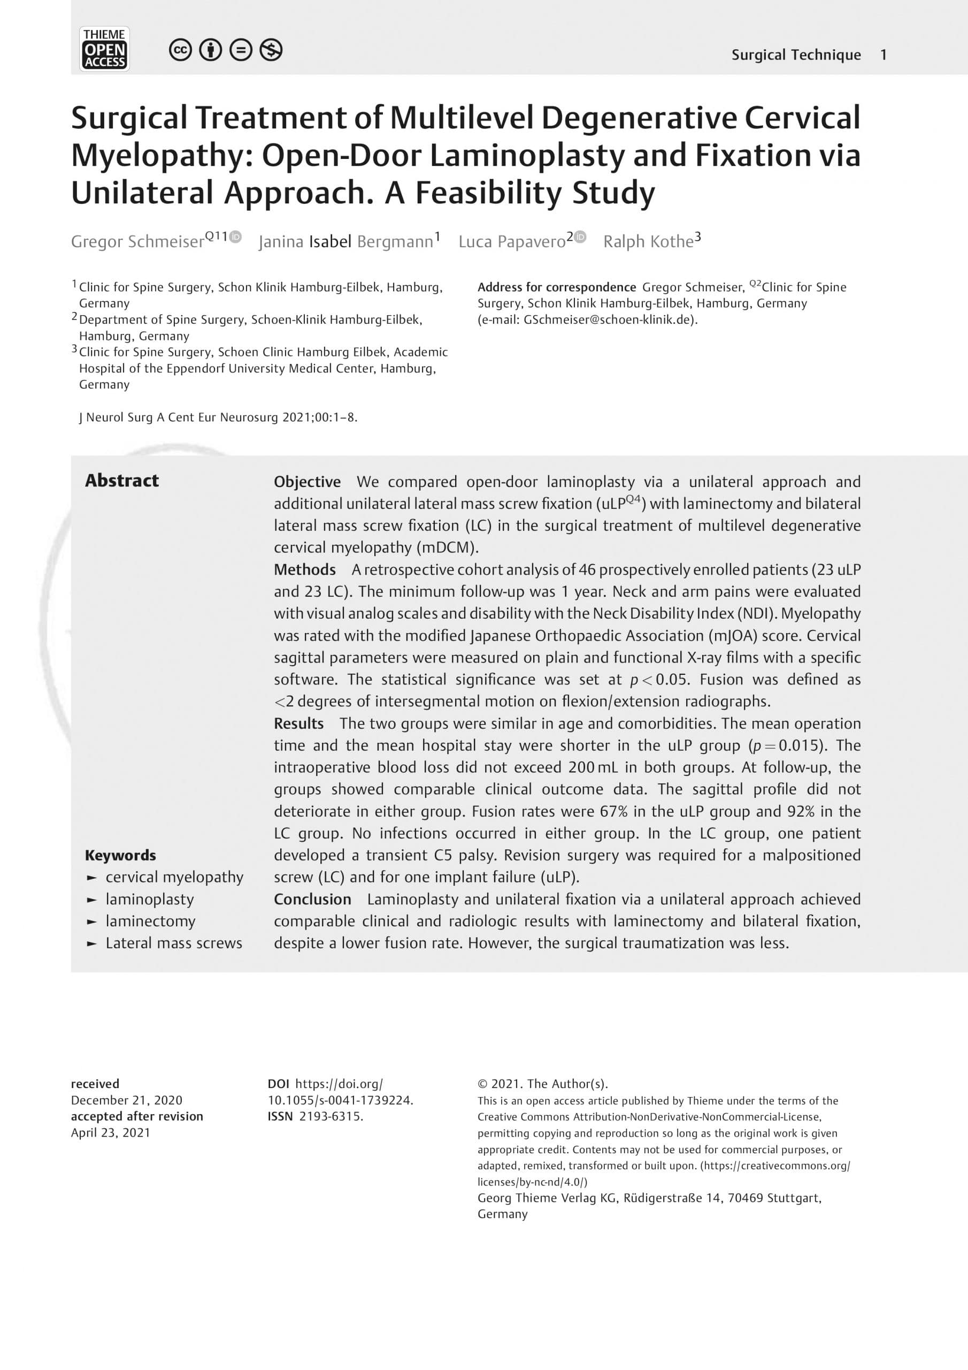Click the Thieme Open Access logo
104,49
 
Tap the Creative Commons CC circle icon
180,50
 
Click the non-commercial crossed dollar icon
271,50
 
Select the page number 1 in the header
884,55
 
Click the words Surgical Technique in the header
796,55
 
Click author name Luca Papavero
511,242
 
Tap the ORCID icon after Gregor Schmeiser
236,237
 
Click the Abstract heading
122,481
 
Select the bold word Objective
307,482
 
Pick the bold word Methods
305,569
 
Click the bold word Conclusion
312,899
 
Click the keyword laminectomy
150,922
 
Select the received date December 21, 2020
126,1100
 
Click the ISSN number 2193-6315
331,1116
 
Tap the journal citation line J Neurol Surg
218,417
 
